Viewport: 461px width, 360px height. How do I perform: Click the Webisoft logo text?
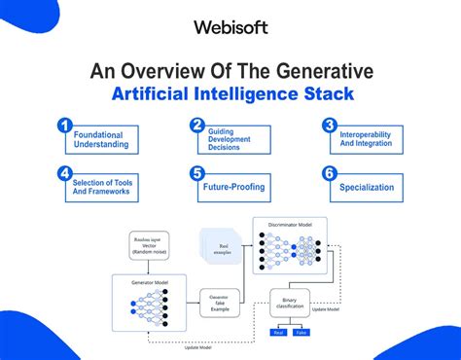click(x=230, y=27)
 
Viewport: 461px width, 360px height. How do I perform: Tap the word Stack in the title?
click(x=328, y=95)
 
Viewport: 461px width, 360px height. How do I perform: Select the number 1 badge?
click(x=64, y=126)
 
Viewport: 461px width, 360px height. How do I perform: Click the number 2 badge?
click(x=196, y=125)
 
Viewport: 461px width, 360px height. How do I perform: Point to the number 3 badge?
click(x=330, y=126)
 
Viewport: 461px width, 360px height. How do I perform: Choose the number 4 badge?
click(x=64, y=174)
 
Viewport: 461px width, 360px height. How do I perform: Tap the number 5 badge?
click(x=196, y=175)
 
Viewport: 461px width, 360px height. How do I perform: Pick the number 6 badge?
click(x=330, y=175)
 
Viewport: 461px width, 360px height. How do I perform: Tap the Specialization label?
click(x=367, y=188)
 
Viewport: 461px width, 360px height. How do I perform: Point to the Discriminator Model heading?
click(x=289, y=224)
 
